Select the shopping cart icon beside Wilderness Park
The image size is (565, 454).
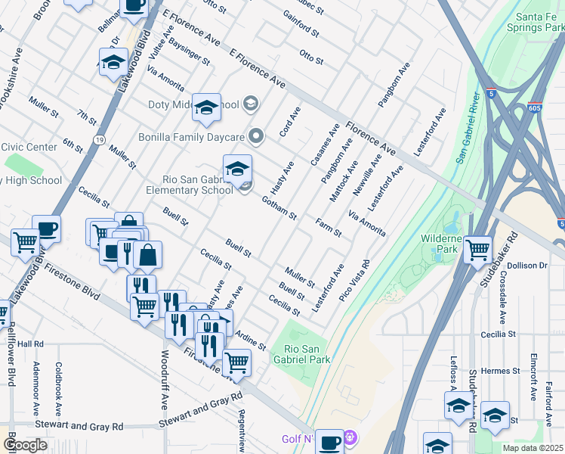pyautogui.click(x=477, y=249)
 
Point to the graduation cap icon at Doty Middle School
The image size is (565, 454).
pyautogui.click(x=206, y=109)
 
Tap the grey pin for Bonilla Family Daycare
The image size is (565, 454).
pyautogui.click(x=257, y=136)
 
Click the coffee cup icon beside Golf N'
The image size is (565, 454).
pyautogui.click(x=329, y=441)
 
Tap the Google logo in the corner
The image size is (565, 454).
pyautogui.click(x=25, y=445)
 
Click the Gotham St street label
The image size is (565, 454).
pyautogui.click(x=279, y=207)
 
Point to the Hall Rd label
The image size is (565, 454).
pyautogui.click(x=31, y=344)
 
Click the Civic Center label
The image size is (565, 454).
pyautogui.click(x=29, y=147)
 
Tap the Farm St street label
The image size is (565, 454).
pyautogui.click(x=329, y=227)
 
